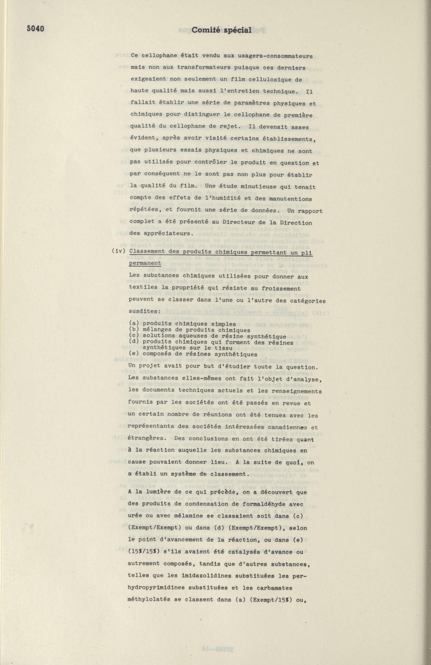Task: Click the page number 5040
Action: coord(35,29)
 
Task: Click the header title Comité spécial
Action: coord(222,30)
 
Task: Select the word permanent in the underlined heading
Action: coord(145,263)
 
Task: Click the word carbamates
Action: coord(277,587)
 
